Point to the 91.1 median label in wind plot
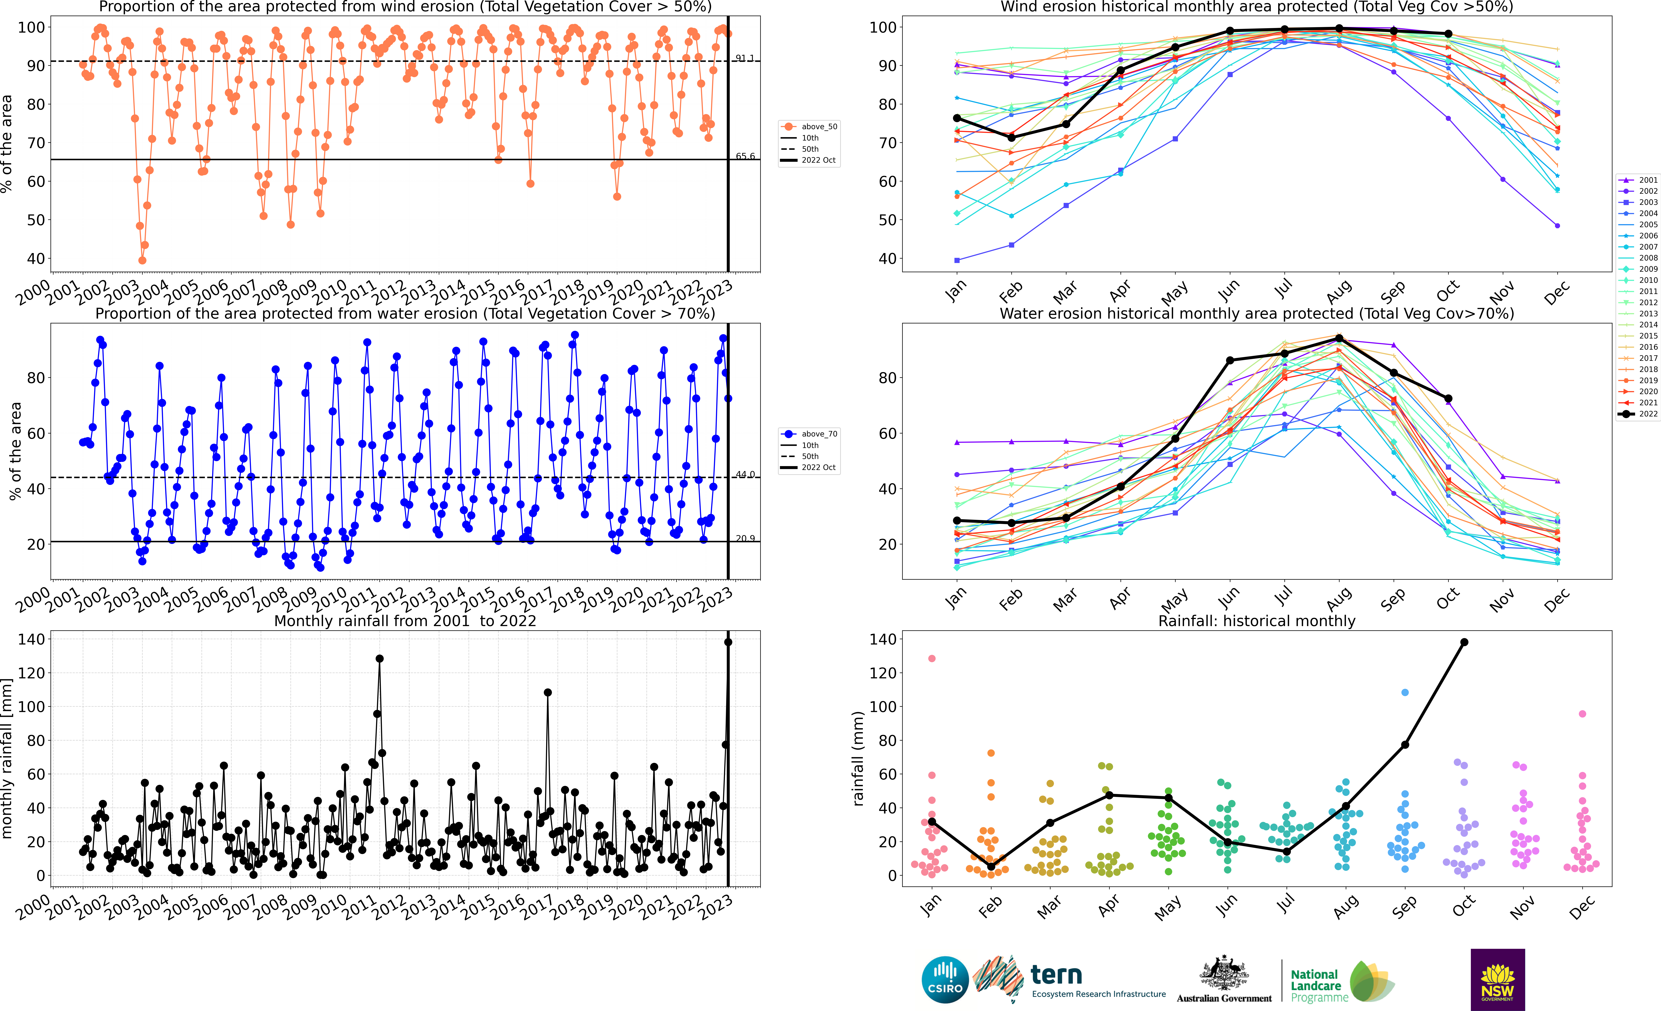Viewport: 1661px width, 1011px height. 745,58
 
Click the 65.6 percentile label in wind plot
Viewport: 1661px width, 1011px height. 745,156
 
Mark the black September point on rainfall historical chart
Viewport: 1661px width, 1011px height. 1405,745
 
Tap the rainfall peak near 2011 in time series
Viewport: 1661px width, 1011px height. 380,659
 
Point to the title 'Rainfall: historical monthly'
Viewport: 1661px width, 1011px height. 1257,621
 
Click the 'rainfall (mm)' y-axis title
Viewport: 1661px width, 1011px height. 858,758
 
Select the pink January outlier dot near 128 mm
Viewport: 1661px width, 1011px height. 932,659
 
